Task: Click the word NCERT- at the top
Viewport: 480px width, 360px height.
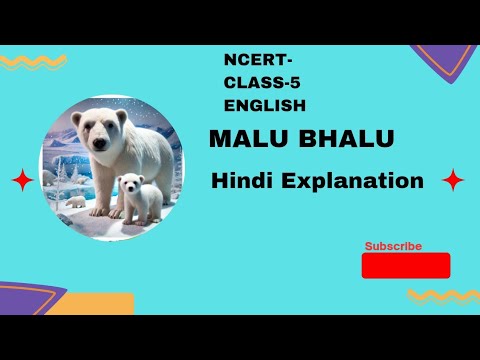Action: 252,63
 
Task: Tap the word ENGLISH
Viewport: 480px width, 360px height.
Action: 266,104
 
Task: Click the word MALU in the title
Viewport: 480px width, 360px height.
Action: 238,139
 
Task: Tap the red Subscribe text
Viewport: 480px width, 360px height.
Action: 393,246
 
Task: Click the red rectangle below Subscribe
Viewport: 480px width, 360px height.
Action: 405,265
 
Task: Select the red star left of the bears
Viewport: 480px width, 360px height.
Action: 20,182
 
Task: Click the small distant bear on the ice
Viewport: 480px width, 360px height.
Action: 76,200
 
